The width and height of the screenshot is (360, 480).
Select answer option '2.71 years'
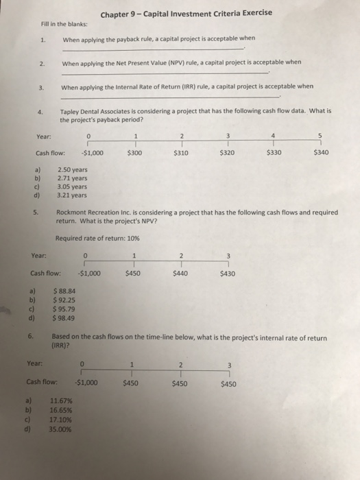click(73, 178)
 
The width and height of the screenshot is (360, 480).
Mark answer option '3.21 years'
click(73, 194)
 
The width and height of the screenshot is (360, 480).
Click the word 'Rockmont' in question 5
click(76, 213)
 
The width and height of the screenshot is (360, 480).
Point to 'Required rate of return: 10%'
click(98, 238)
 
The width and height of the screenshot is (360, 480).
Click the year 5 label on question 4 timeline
click(320, 135)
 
